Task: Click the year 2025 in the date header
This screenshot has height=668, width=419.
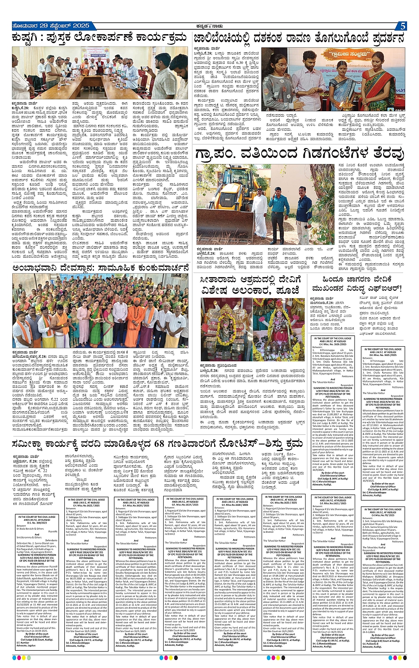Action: click(x=78, y=26)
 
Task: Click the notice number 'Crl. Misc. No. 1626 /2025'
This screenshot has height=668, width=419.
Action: click(x=340, y=344)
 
